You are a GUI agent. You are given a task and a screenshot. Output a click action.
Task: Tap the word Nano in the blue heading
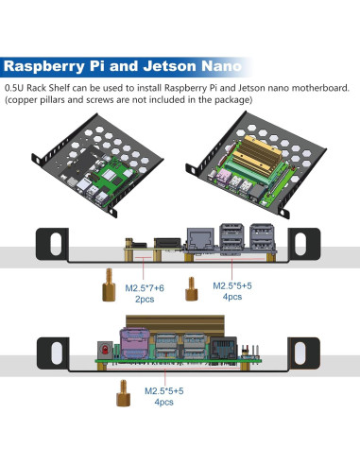tap(225, 68)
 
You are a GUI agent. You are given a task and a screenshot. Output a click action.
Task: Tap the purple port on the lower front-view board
tap(132, 343)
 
